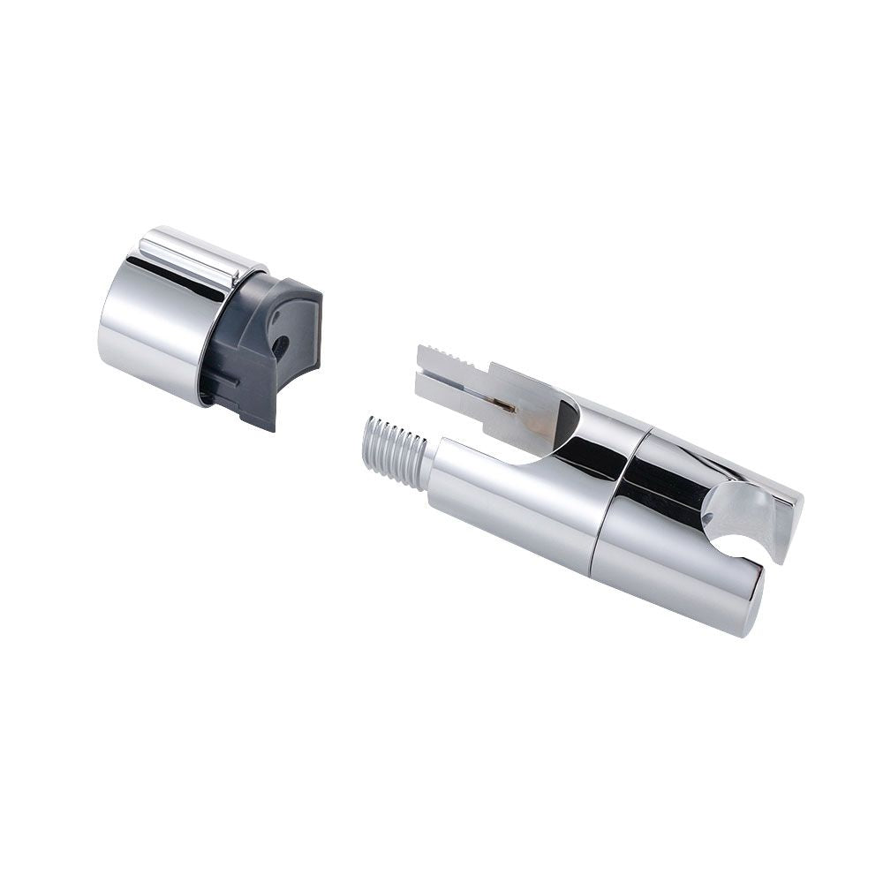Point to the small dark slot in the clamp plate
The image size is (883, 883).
504,405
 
